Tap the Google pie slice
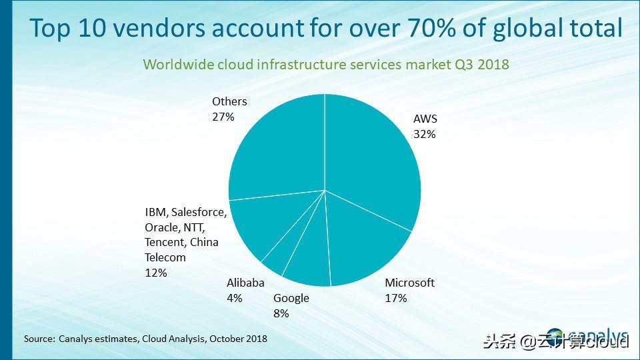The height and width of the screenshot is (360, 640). pyautogui.click(x=310, y=257)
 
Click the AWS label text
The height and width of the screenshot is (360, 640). pyautogui.click(x=425, y=119)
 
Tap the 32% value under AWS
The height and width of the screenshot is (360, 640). pyautogui.click(x=425, y=134)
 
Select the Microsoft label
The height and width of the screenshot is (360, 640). pyautogui.click(x=409, y=283)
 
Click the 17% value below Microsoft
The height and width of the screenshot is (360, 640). pyautogui.click(x=396, y=298)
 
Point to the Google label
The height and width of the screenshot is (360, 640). pyautogui.click(x=291, y=298)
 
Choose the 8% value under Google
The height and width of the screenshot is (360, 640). pyautogui.click(x=281, y=313)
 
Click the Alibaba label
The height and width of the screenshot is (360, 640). pyautogui.click(x=245, y=283)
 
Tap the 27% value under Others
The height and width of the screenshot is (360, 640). pyautogui.click(x=223, y=117)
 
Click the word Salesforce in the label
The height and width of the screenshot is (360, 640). pyautogui.click(x=199, y=213)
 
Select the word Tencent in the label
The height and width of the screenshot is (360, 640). pyautogui.click(x=163, y=242)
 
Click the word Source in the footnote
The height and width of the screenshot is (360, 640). pyautogui.click(x=39, y=339)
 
